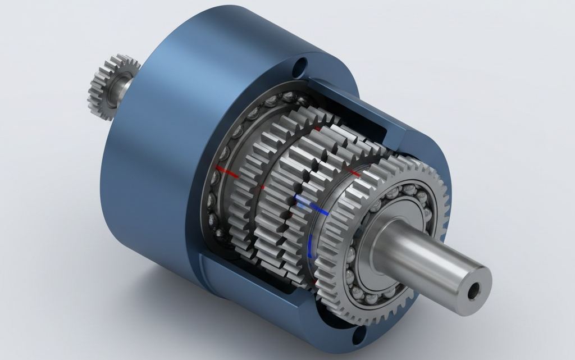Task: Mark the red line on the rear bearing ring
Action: tap(227, 171)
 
